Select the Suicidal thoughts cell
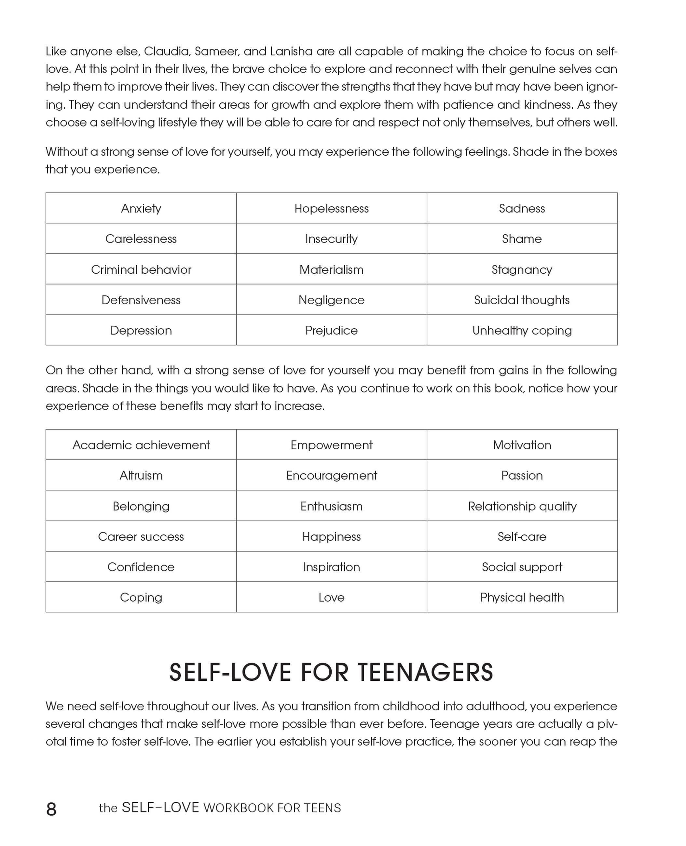point(522,300)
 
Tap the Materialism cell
point(331,269)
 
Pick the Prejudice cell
point(331,330)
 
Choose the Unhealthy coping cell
point(522,330)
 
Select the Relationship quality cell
point(522,506)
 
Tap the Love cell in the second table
point(331,597)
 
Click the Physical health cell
point(522,597)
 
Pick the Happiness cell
point(331,537)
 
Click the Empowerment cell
point(331,445)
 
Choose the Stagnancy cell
point(522,269)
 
